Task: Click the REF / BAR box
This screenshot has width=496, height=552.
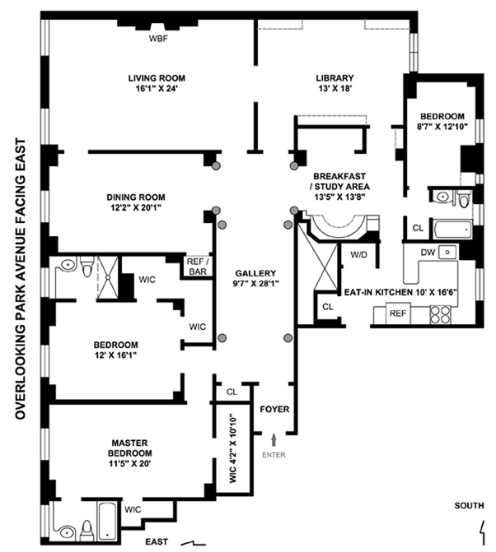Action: click(x=195, y=266)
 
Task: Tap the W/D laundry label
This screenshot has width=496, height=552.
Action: click(x=359, y=254)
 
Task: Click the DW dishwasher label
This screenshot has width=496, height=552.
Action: click(x=428, y=252)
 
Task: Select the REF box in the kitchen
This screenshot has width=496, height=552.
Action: click(x=398, y=313)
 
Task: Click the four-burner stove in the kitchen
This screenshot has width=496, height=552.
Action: click(x=442, y=313)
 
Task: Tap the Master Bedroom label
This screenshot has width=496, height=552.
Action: click(x=130, y=453)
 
